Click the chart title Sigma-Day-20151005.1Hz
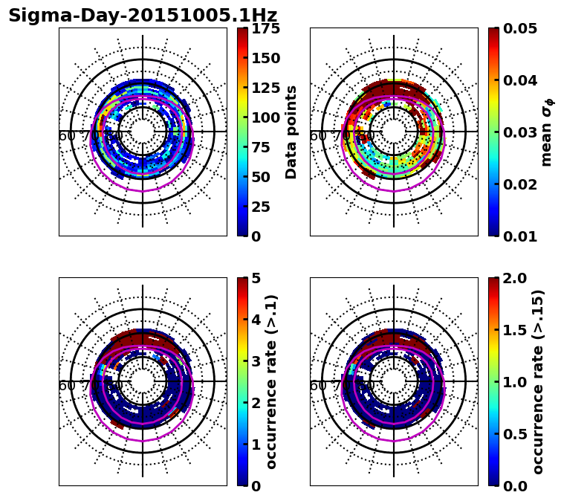click(x=142, y=16)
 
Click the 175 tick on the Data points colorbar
click(x=265, y=28)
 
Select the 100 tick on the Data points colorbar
click(x=265, y=117)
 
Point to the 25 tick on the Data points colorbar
click(x=260, y=207)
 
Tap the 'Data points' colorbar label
click(x=291, y=132)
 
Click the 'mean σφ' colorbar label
click(x=547, y=134)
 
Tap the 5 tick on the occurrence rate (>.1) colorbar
click(x=256, y=278)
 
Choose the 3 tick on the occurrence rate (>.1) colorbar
click(x=256, y=361)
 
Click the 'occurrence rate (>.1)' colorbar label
click(x=271, y=381)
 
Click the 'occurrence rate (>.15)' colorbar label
click(x=538, y=381)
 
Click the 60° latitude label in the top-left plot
click(x=67, y=136)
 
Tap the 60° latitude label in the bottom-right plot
click(x=318, y=386)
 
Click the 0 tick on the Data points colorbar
click(x=255, y=236)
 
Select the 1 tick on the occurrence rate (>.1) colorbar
click(x=256, y=445)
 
